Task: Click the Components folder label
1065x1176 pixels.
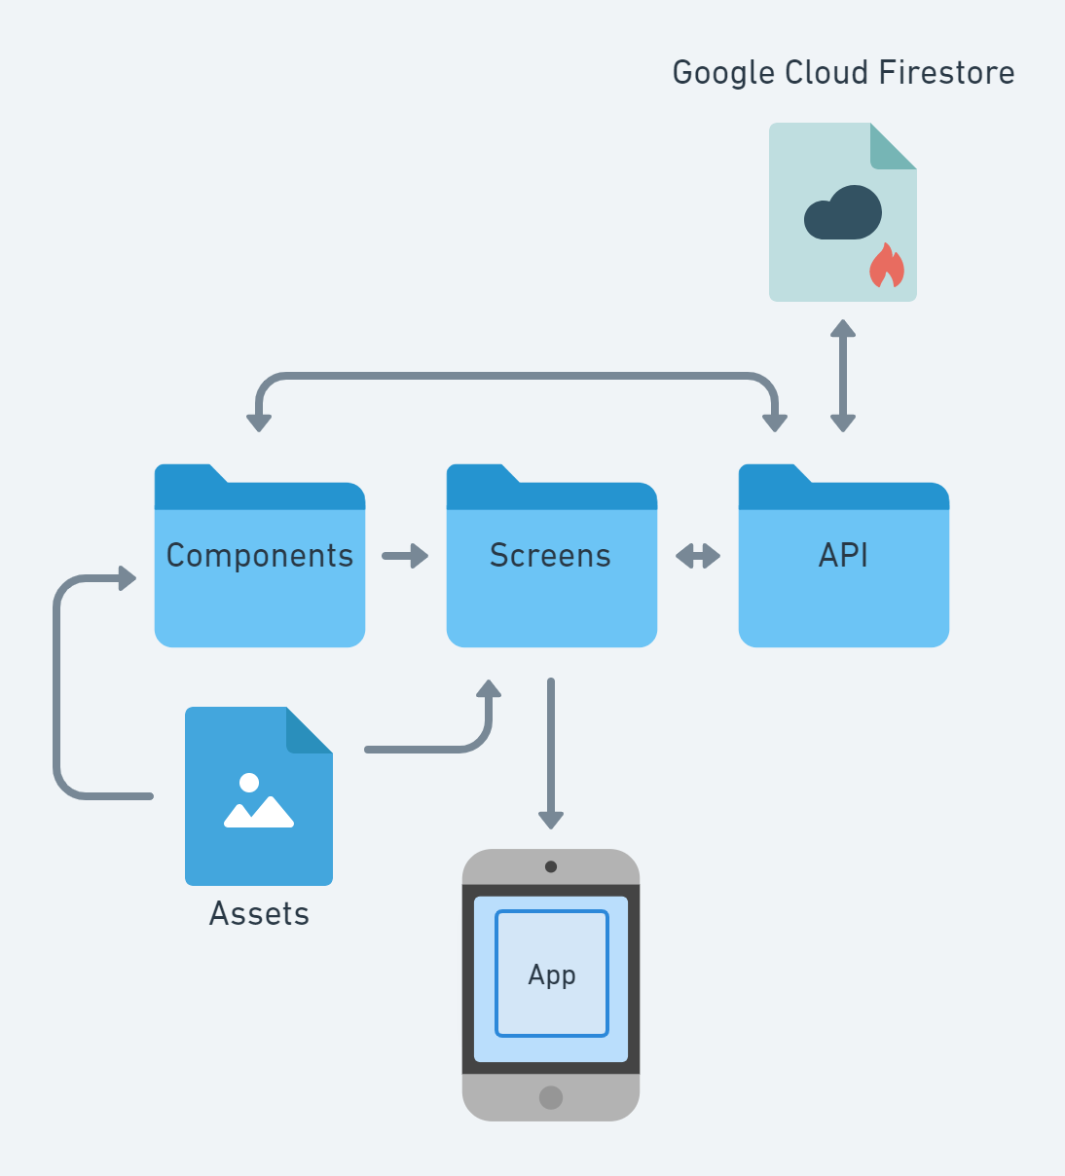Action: [260, 556]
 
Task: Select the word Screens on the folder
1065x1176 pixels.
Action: [550, 556]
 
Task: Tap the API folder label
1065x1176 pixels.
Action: [843, 556]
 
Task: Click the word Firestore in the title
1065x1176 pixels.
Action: [946, 73]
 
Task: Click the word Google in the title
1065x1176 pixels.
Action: [723, 73]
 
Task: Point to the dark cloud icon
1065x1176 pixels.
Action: [843, 213]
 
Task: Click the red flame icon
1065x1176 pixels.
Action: [886, 267]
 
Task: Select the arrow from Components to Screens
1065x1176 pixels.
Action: [405, 556]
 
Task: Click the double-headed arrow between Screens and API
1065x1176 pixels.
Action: [698, 556]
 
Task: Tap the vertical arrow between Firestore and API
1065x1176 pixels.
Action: [843, 376]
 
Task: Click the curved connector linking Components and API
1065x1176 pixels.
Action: [516, 376]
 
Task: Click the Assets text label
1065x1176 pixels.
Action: [259, 914]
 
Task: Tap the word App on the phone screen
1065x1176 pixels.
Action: [552, 974]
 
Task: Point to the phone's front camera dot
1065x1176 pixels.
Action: [551, 866]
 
